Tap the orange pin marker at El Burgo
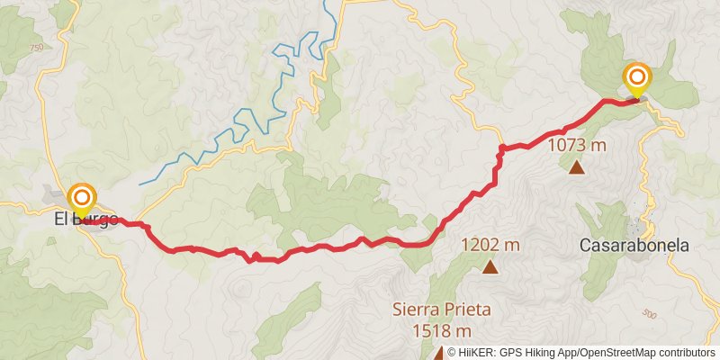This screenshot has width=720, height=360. click(82, 197)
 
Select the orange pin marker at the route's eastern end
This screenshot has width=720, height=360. click(637, 77)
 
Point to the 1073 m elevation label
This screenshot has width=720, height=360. click(576, 145)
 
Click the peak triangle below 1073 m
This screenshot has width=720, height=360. click(576, 166)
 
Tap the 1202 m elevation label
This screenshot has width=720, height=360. click(490, 245)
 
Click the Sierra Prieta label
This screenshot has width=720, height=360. click(441, 310)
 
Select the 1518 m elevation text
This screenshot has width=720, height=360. click(441, 330)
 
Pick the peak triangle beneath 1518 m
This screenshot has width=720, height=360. click(440, 353)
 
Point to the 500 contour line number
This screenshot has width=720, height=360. click(650, 314)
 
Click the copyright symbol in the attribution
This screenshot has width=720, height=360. click(453, 354)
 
